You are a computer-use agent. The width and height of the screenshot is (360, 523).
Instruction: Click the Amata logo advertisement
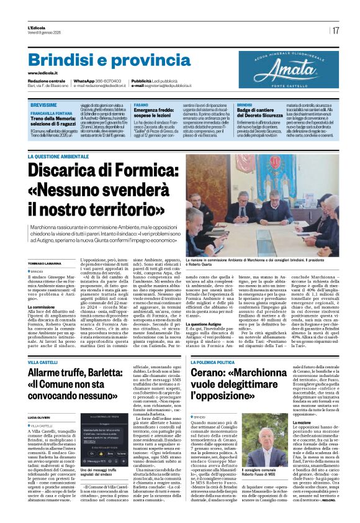click(289, 69)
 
